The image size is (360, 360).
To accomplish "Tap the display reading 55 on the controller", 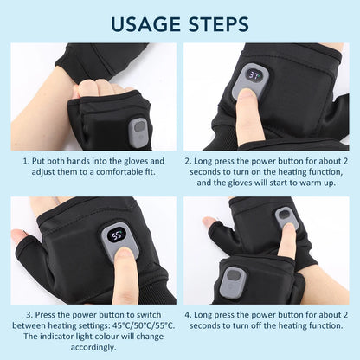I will click(x=116, y=234).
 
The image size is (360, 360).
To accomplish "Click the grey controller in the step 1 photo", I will click(x=138, y=131).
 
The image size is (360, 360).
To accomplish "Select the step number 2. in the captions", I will click(x=187, y=161).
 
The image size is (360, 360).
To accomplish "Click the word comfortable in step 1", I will click(x=120, y=173).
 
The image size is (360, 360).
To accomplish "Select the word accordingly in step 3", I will click(x=92, y=347).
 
